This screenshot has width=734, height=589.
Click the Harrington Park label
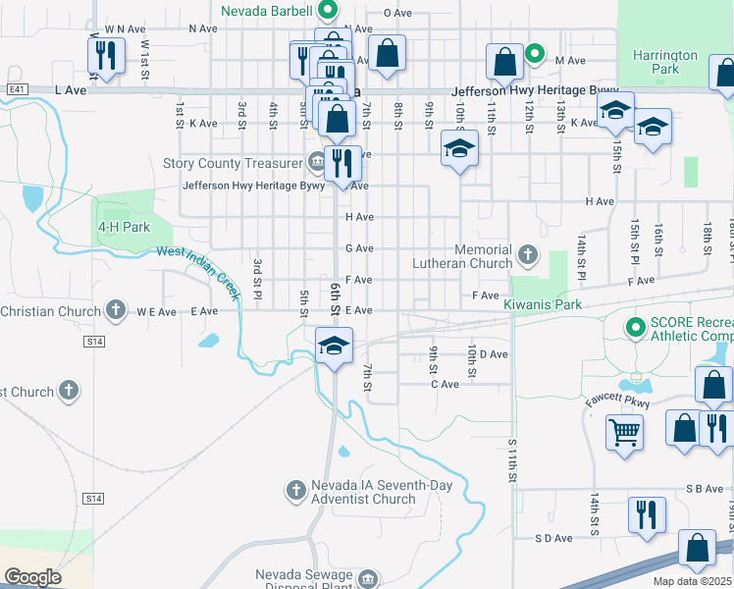click(x=664, y=63)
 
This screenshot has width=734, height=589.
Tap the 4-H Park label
click(x=123, y=227)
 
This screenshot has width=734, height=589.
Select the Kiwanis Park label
click(x=543, y=305)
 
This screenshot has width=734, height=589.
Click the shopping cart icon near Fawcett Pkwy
click(x=625, y=431)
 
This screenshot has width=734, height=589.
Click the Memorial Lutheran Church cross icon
click(x=528, y=255)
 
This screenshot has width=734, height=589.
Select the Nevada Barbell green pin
click(x=329, y=12)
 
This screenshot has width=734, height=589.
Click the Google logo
click(x=32, y=577)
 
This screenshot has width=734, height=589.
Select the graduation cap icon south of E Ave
click(x=334, y=345)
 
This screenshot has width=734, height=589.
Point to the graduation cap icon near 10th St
click(x=458, y=149)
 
